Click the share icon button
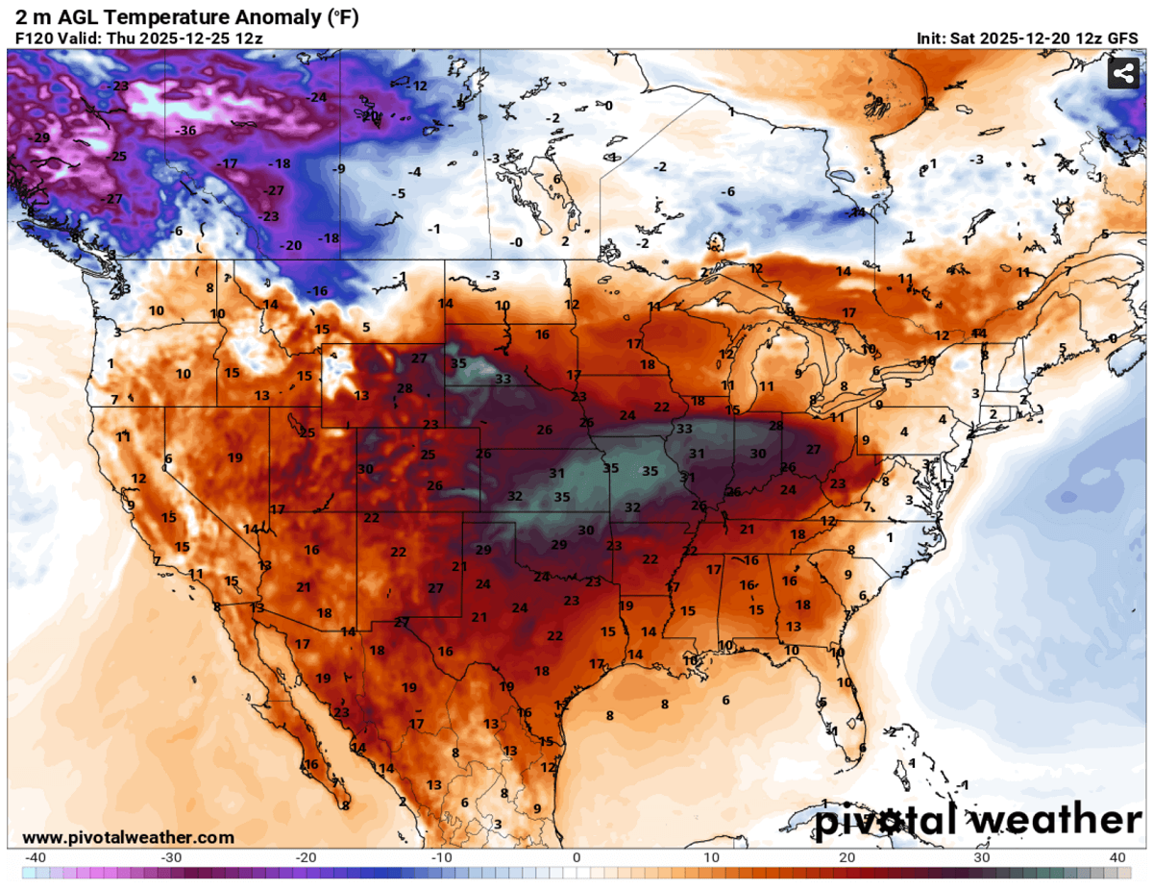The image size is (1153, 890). coord(1121,74)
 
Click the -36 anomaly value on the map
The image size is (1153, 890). coord(186,130)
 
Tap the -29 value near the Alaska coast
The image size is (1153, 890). coord(41,138)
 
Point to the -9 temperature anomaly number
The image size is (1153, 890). coord(337,169)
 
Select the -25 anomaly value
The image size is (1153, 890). coord(117,156)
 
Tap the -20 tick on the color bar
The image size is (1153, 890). coord(306,857)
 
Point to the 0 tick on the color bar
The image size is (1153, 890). coord(576,857)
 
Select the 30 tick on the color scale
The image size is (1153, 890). coord(982,857)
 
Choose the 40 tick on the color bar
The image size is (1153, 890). coord(1116,857)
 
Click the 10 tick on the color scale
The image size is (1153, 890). coord(712,857)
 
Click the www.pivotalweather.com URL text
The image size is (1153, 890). coord(128,837)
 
